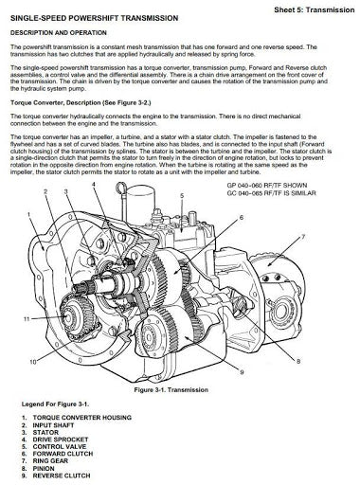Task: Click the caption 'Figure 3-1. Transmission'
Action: (x=180, y=387)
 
